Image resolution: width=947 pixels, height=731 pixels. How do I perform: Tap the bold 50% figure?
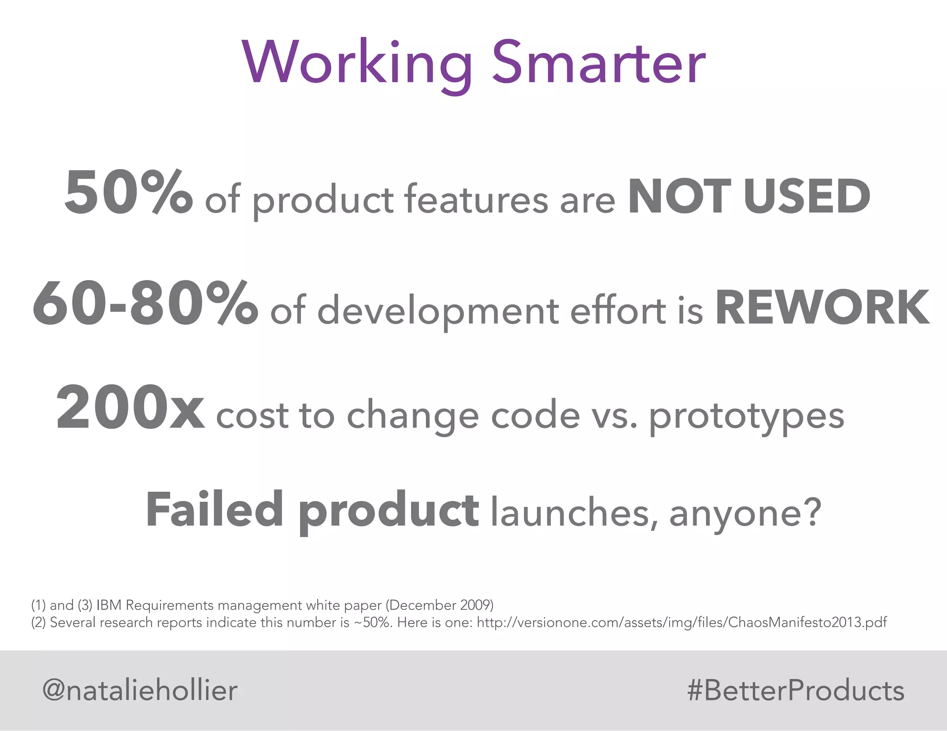point(129,193)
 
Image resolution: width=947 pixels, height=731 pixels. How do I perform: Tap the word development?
point(439,311)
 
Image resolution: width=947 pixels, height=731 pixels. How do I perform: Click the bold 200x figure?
point(130,408)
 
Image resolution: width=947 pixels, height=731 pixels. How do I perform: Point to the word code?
point(535,415)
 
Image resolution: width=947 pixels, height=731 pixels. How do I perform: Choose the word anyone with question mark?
point(745,513)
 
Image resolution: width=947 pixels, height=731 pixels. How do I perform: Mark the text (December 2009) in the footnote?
point(439,605)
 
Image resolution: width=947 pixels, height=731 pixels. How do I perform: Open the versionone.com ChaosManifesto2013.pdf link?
point(682,622)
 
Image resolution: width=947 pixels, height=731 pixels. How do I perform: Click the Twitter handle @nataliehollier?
point(140,690)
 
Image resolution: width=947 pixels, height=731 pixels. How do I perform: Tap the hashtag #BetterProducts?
point(795,691)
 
